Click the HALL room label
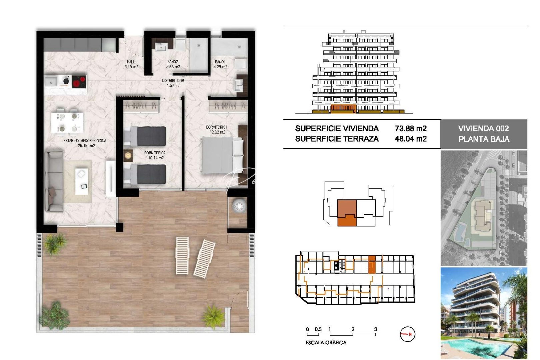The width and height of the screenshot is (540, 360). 131,62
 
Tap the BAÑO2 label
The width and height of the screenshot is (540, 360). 173,62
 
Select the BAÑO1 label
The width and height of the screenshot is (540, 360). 220,62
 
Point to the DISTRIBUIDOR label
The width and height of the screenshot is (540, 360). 173,81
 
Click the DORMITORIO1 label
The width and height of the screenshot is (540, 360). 216,127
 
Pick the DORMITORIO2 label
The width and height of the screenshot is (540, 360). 155,153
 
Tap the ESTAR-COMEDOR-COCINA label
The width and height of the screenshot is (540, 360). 85,141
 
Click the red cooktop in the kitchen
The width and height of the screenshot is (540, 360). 79,81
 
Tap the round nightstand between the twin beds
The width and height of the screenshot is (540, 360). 128,155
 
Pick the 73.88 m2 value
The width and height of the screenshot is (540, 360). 411,128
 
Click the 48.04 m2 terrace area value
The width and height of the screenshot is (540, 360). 411,139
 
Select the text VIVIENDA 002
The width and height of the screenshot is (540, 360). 483,128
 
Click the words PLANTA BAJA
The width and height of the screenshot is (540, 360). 484,139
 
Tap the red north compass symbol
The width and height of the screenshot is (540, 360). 407,334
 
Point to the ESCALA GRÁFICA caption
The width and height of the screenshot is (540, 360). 326,342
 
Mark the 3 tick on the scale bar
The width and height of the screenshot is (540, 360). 375,329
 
